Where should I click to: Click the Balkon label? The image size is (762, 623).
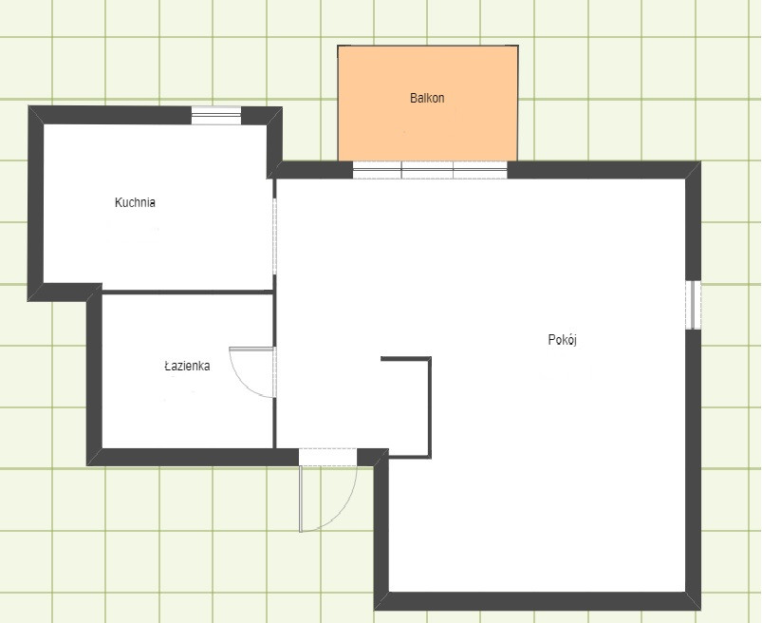tap(427, 98)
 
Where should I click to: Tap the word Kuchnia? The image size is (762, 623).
tap(135, 202)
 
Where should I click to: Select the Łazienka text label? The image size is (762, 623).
tap(187, 366)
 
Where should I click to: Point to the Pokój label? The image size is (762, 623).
tap(563, 339)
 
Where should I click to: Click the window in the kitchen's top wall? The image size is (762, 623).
tap(216, 115)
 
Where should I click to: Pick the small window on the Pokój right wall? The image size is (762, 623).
tap(694, 305)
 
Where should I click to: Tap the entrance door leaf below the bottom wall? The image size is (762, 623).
tap(302, 499)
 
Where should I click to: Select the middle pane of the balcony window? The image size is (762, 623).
tap(427, 170)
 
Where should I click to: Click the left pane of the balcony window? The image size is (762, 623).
tap(377, 170)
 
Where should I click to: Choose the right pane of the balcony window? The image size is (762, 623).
tap(480, 170)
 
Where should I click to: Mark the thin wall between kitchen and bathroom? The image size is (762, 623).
tap(188, 292)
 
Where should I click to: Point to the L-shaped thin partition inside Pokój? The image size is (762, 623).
tap(430, 407)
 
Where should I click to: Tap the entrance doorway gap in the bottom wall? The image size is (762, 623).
tap(328, 457)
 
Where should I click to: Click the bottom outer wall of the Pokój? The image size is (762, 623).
tap(537, 601)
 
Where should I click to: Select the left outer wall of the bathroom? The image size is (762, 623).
tap(94, 379)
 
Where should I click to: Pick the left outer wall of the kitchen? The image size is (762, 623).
tap(36, 203)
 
